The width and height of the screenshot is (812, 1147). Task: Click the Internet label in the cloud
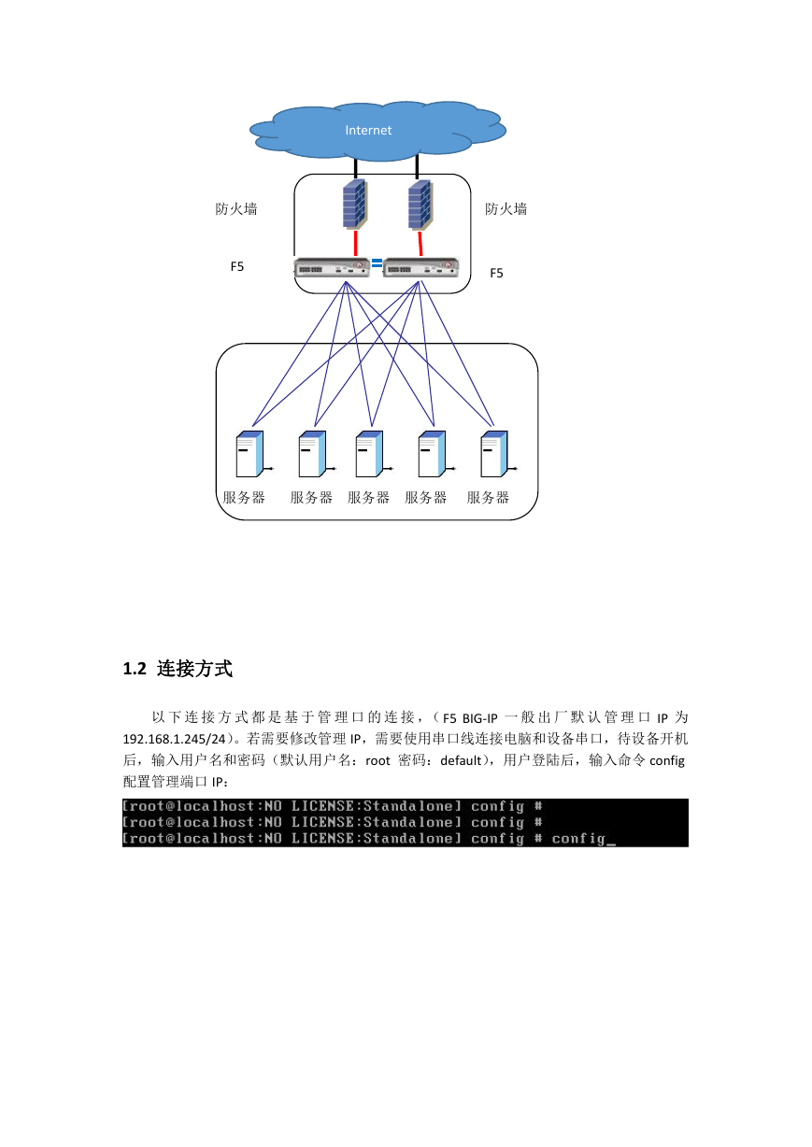pos(368,130)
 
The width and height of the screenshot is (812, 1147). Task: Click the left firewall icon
pos(354,204)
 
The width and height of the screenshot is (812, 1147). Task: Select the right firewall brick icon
pos(420,205)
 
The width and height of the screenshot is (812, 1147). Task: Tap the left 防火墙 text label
pos(236,209)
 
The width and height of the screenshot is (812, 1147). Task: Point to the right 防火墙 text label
pos(506,209)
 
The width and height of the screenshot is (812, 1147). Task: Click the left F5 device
pos(332,267)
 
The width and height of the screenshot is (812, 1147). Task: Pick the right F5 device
pos(420,267)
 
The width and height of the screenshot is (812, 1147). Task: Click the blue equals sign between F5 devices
pos(377,263)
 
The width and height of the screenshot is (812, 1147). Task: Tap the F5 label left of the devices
pos(236,266)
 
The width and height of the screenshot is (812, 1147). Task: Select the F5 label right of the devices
pos(496,273)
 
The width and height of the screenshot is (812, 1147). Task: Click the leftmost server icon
pos(253,454)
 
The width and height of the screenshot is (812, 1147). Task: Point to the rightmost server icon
pos(498,454)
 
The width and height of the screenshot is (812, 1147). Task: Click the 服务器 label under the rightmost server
pos(488,497)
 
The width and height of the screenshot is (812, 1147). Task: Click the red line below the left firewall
pos(355,243)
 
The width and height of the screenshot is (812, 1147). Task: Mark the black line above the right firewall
pos(417,167)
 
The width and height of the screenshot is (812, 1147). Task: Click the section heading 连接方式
pos(194,669)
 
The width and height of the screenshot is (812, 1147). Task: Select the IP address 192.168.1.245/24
pos(174,739)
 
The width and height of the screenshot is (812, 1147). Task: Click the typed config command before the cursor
pos(578,838)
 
